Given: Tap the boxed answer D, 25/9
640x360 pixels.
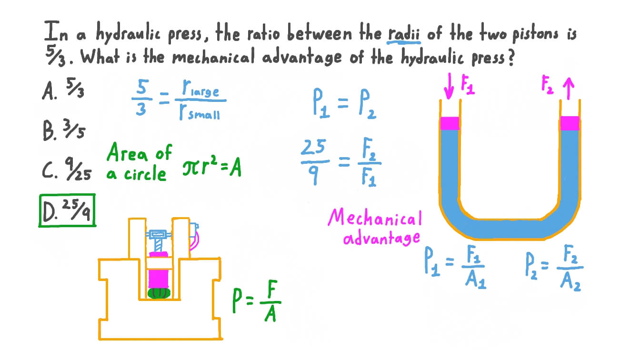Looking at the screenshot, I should pyautogui.click(x=67, y=210).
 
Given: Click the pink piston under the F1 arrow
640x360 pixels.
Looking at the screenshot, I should pyautogui.click(x=450, y=123).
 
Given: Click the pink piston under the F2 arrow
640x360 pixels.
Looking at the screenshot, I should pyautogui.click(x=570, y=123).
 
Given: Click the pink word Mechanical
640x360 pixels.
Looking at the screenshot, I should pyautogui.click(x=375, y=219).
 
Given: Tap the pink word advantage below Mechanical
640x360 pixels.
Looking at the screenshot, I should pyautogui.click(x=381, y=238).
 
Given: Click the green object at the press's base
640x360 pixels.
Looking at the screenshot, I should pyautogui.click(x=159, y=292).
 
